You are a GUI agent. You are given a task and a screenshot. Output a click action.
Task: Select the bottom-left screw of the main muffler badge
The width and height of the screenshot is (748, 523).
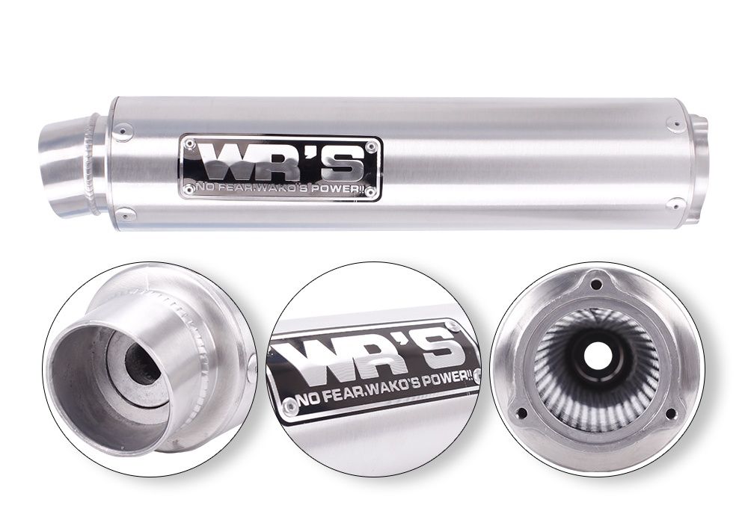coord(189,189)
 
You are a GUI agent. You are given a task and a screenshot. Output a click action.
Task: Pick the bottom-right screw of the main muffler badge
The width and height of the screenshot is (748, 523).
coord(370,192)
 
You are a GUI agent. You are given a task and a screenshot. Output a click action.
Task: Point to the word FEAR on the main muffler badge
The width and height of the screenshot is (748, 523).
coord(233,188)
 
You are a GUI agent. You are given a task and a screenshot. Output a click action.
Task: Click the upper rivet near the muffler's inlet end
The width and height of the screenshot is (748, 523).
coord(126,129)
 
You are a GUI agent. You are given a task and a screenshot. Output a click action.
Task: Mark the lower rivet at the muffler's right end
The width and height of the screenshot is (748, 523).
coord(675,203)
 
